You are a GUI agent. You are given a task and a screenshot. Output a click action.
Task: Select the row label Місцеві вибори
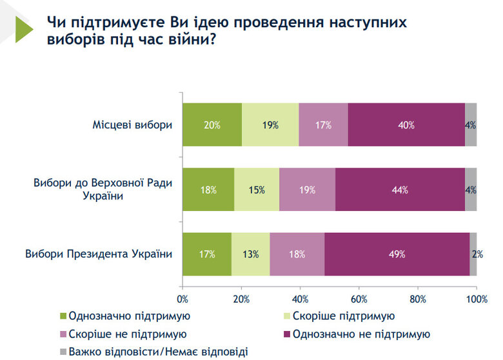(x=132, y=125)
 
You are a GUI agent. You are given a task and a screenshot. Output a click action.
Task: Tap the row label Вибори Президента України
(x=99, y=254)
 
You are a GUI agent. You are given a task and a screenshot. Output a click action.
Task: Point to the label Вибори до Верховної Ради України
(x=103, y=189)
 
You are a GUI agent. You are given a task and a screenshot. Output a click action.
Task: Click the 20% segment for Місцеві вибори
(x=212, y=125)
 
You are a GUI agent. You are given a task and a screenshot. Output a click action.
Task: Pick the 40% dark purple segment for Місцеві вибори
(x=406, y=125)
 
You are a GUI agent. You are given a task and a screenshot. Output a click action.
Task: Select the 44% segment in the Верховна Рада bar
(x=400, y=189)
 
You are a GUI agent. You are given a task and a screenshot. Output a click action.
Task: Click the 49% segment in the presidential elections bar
(x=397, y=254)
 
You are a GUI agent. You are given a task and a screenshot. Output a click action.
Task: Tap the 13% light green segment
(x=250, y=254)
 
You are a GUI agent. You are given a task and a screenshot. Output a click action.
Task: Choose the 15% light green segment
(x=257, y=189)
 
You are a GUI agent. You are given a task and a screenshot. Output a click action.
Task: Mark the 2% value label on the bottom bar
(x=477, y=254)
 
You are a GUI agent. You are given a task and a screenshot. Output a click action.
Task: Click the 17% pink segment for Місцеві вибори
(x=323, y=125)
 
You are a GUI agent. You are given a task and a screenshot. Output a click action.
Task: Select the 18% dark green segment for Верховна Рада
(x=208, y=189)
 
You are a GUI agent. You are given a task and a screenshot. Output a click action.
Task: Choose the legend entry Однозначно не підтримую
(x=360, y=334)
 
